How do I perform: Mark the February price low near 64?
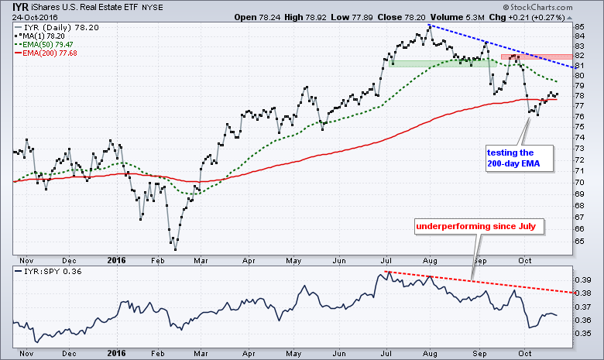176,249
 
